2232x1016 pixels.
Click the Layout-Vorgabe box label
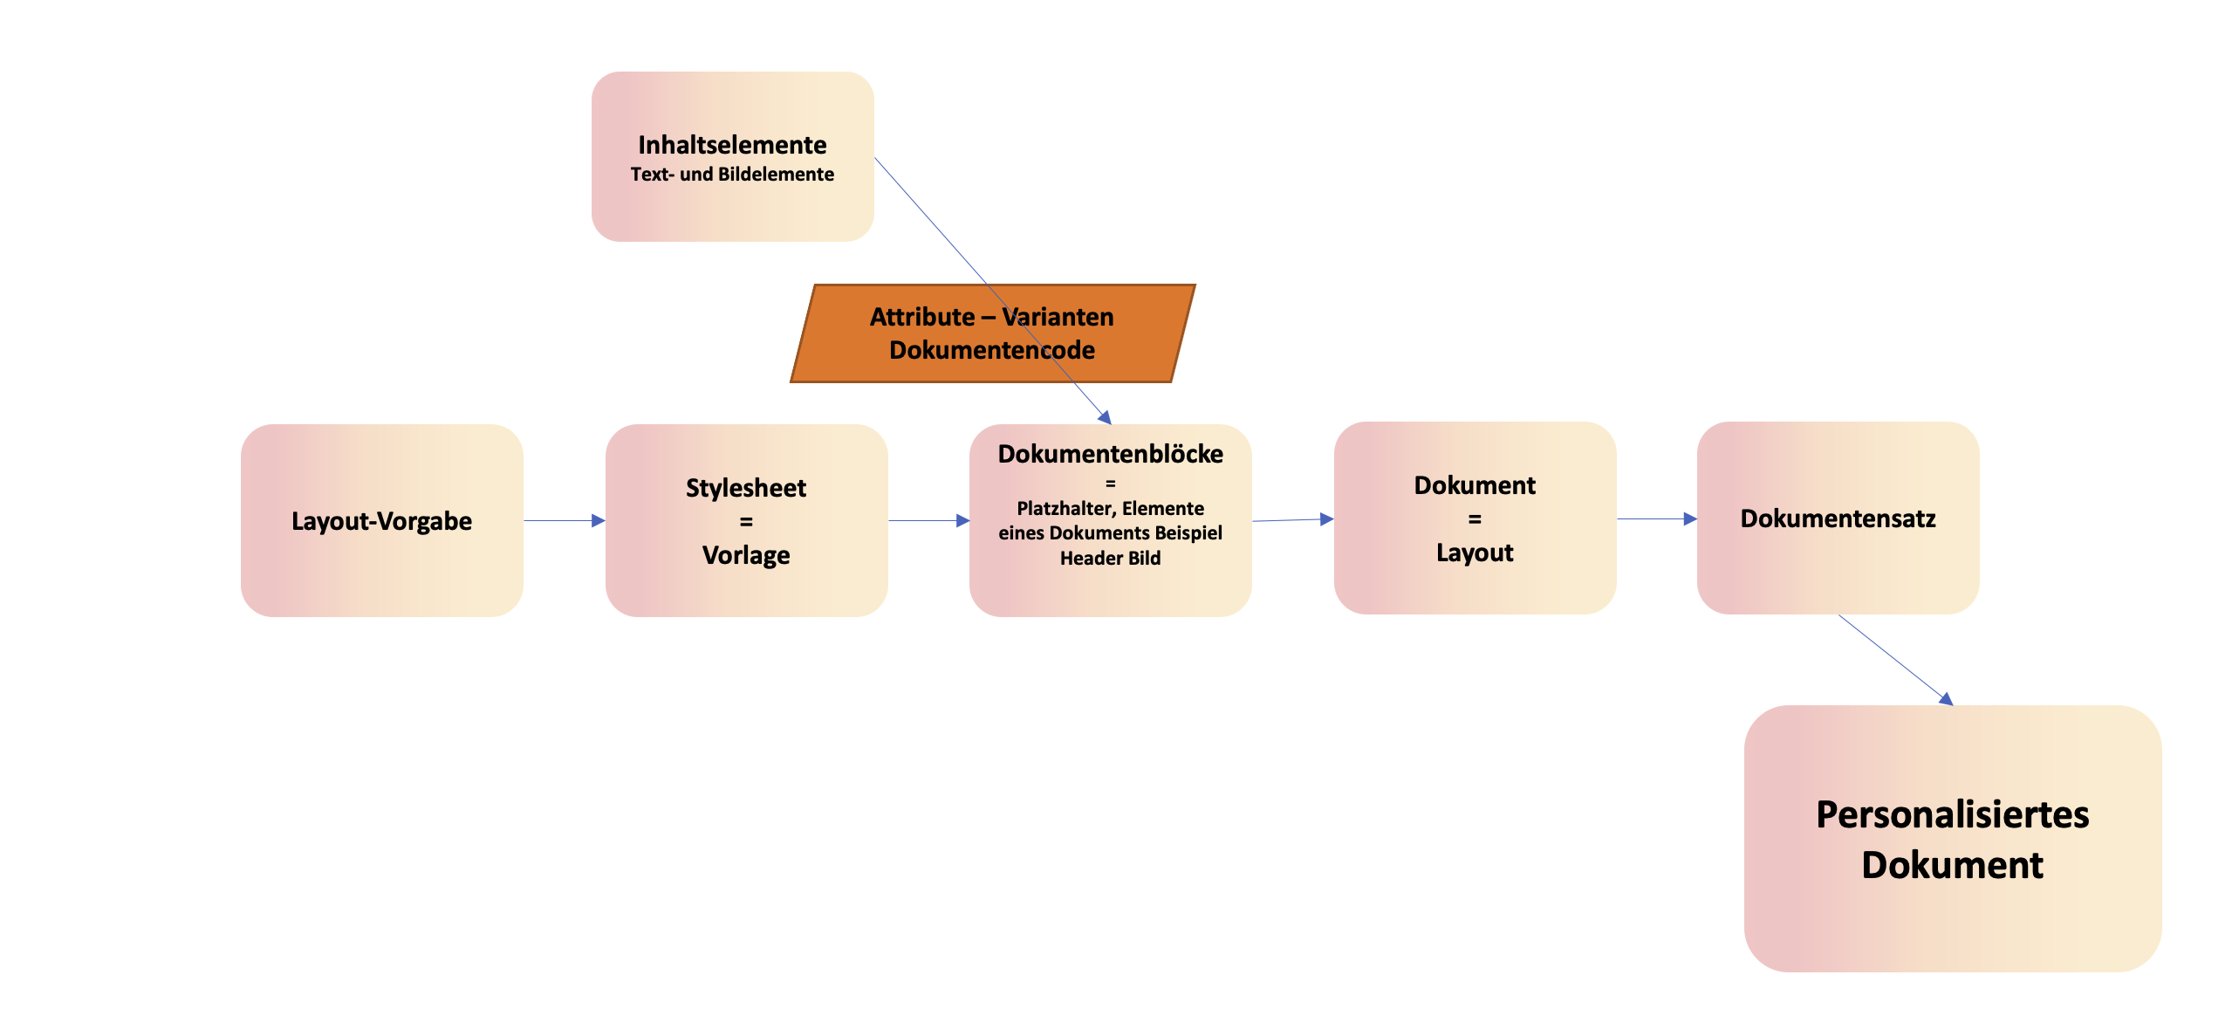[381, 521]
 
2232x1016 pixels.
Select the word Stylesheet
[745, 488]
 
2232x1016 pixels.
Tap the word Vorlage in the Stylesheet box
[745, 555]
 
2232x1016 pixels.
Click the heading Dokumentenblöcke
[1110, 454]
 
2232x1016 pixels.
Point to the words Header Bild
[1110, 559]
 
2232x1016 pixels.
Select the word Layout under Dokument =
[1475, 553]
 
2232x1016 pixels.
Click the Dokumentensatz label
[1838, 518]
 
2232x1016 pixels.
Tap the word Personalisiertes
[1952, 815]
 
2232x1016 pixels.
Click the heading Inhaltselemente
[732, 145]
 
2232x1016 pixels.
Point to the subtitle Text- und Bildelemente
[732, 175]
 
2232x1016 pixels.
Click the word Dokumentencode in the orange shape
[991, 350]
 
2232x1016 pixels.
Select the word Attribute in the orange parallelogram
[921, 317]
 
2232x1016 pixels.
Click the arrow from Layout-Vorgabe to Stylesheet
[564, 521]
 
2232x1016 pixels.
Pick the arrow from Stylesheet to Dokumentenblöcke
[928, 521]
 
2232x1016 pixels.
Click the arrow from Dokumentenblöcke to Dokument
[1292, 520]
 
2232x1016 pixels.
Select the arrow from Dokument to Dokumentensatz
[1656, 519]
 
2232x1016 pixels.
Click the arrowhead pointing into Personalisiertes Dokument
[1945, 698]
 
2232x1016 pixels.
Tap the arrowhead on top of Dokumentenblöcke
[1105, 418]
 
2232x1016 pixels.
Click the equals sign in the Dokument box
[1475, 519]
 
